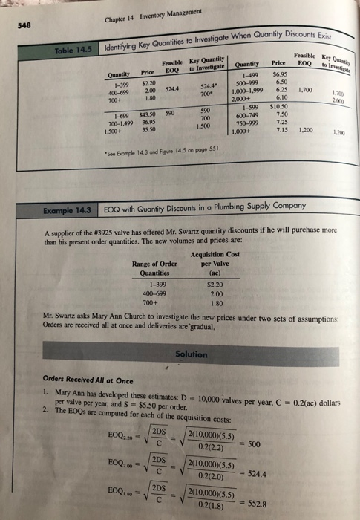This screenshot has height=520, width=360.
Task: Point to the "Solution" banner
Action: [192, 354]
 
